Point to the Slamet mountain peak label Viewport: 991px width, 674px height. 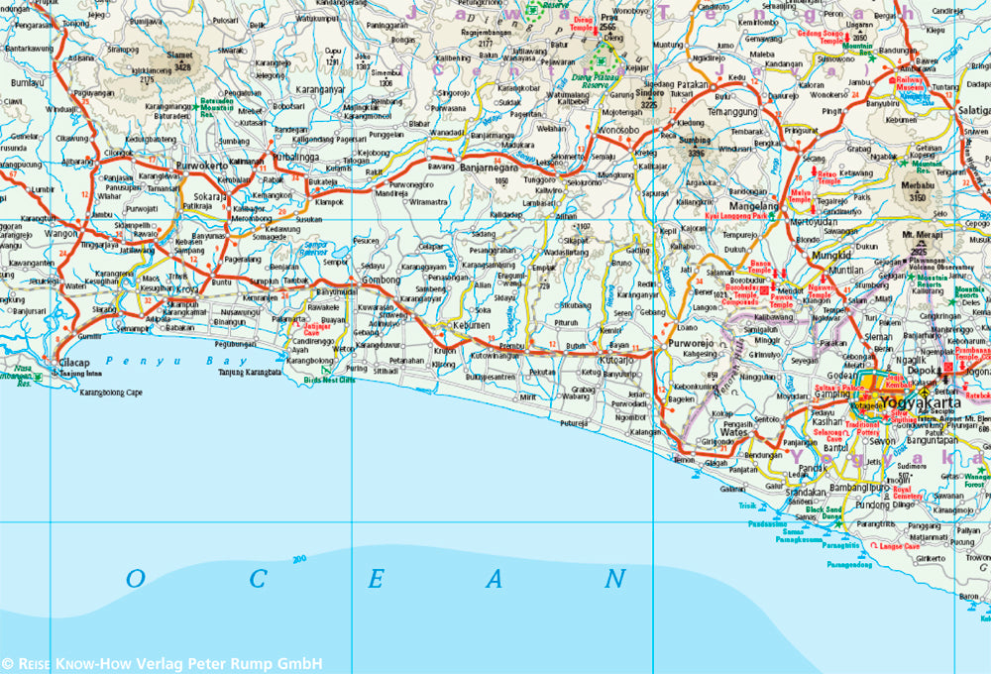(180, 56)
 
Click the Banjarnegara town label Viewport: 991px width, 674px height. (492, 169)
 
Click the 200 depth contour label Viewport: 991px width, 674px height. (298, 560)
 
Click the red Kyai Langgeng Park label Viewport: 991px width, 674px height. (735, 214)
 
